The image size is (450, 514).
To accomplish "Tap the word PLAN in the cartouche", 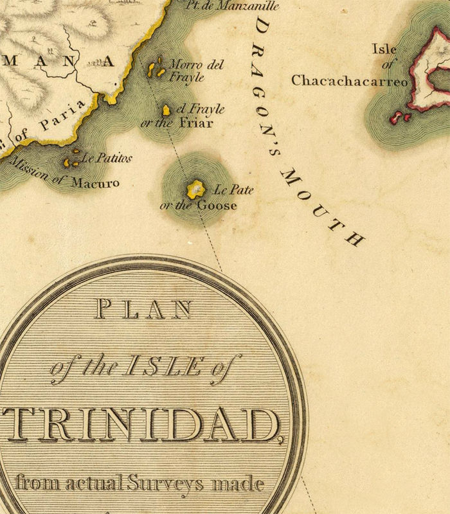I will tap(143, 310).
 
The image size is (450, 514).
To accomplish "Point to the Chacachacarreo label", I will tap(350, 81).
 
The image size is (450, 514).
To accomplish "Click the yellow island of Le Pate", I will tap(195, 189).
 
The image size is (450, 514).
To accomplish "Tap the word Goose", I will tap(217, 206).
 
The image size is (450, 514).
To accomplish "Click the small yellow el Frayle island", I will tap(166, 111).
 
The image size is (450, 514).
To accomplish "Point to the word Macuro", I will tap(94, 182).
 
